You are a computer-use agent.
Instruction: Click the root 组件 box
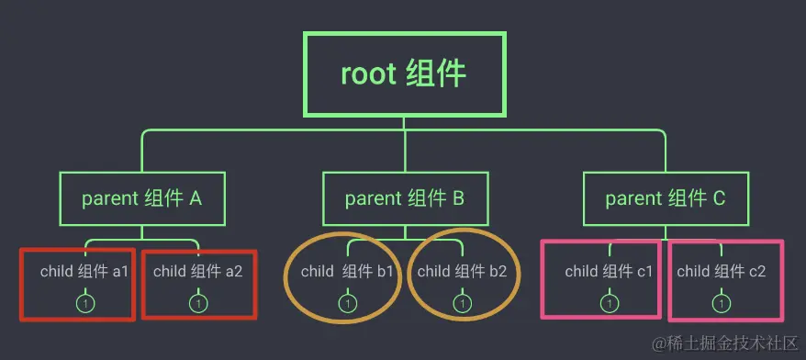pos(404,73)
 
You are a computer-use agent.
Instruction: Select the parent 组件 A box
pos(141,198)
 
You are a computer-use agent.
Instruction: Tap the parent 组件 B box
pos(405,198)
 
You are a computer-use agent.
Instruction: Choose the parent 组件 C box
pos(666,198)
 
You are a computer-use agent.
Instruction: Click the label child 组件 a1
pos(84,272)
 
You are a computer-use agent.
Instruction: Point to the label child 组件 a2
pos(197,272)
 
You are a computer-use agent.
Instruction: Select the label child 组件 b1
pos(347,272)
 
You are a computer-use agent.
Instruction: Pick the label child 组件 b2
pos(462,272)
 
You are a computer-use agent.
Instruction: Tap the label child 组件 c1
pos(609,272)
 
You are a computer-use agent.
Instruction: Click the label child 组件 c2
pos(722,272)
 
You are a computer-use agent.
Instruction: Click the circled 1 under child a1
pos(84,302)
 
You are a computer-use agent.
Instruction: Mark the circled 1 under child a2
pos(198,302)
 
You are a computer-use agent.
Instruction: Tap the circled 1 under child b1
pos(348,302)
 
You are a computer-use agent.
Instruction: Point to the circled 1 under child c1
pos(610,302)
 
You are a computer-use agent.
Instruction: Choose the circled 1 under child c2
pos(722,302)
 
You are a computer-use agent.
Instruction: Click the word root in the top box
pos(368,73)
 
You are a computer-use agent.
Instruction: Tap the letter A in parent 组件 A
pos(196,198)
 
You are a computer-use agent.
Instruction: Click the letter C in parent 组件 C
pos(719,198)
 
